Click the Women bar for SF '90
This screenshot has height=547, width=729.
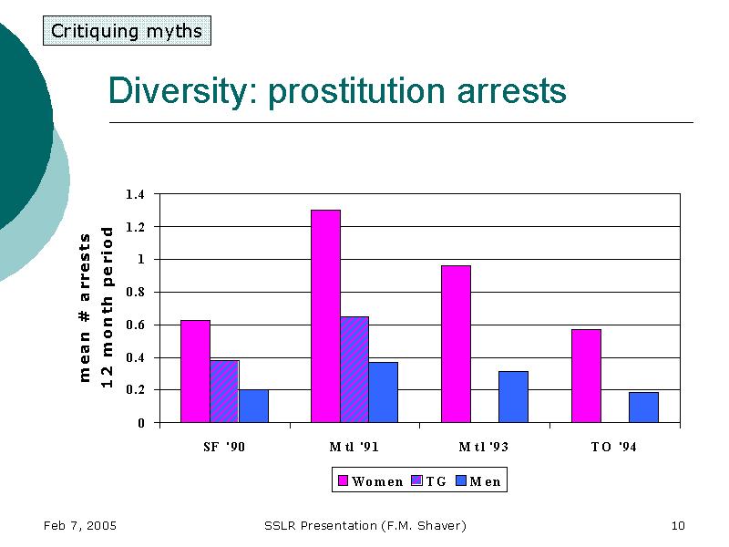coord(195,371)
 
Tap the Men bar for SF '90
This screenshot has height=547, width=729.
coord(253,406)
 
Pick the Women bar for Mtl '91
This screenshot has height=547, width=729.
coord(325,316)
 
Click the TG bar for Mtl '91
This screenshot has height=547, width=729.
coord(354,369)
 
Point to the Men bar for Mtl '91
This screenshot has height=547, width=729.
coord(384,392)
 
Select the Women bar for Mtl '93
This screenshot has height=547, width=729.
coord(456,344)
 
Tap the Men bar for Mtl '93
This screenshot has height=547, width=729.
coord(513,397)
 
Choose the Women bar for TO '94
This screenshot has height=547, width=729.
coord(586,376)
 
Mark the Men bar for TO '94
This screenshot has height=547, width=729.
coord(643,407)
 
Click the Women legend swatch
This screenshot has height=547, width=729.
coord(344,481)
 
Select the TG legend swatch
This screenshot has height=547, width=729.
coord(418,481)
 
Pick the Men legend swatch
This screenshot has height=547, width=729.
coord(462,481)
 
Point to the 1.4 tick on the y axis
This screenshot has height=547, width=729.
coord(135,194)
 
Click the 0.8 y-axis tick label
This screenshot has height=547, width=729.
coord(135,293)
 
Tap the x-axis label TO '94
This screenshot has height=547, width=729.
coord(614,448)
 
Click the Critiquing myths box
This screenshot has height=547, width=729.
coord(127,31)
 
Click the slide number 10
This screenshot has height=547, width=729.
coord(677,525)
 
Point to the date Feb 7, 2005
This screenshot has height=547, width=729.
coord(79,525)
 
